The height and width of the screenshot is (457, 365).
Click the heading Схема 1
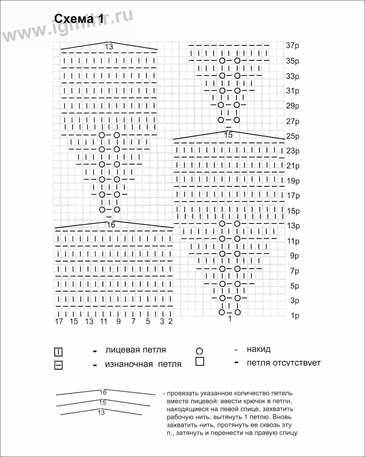79,19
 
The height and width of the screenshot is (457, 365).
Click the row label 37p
292,45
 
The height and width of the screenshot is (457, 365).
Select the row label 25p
293,136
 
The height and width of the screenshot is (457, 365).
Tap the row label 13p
293,226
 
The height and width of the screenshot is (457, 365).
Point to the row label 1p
295,316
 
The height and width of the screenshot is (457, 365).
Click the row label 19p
293,181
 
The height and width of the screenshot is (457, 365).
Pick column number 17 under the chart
59,321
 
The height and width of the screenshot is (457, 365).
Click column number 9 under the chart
118,321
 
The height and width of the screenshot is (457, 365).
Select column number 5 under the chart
148,321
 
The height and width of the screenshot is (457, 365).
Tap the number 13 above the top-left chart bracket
109,47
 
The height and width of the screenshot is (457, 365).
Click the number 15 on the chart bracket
228,135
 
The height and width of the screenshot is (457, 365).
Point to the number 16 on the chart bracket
111,225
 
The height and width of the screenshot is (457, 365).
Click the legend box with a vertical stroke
58,352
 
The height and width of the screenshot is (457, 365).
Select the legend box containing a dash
58,365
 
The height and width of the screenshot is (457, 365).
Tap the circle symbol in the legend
199,351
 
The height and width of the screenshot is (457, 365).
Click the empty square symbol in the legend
200,362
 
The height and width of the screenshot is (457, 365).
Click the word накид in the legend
259,349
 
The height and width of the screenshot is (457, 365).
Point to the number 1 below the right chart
230,319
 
